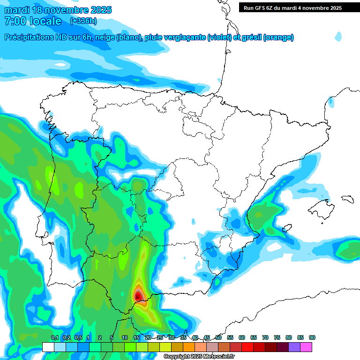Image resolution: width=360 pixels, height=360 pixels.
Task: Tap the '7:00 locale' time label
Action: tap(32, 21)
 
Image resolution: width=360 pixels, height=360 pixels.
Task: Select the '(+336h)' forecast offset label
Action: tap(83, 21)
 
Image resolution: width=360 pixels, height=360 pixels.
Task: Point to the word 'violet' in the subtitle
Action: tap(219, 37)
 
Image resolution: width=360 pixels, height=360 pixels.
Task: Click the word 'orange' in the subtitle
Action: tap(278, 37)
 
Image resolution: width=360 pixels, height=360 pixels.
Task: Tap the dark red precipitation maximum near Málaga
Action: tap(138, 296)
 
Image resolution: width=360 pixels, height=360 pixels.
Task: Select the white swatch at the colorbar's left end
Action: tap(48, 347)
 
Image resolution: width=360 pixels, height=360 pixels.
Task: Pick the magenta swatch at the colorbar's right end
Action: tap(306, 347)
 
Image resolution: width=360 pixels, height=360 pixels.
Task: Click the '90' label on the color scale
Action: tap(312, 337)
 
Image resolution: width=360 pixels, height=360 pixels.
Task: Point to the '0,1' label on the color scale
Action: tap(54, 337)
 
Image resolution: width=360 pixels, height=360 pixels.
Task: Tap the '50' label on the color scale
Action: tap(218, 337)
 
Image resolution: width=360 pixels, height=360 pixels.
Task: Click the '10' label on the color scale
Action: tap(125, 337)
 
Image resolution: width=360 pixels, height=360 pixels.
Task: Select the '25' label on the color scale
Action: tap(160, 337)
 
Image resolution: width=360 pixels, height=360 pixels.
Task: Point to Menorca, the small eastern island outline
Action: tap(347, 199)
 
